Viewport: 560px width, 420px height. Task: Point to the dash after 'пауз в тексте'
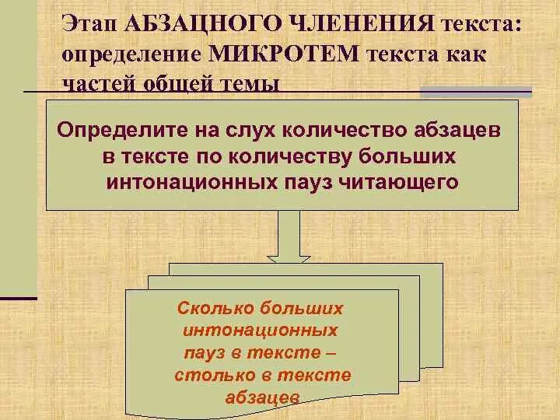coord(332,352)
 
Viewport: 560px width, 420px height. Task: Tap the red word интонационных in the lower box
coord(261,330)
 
